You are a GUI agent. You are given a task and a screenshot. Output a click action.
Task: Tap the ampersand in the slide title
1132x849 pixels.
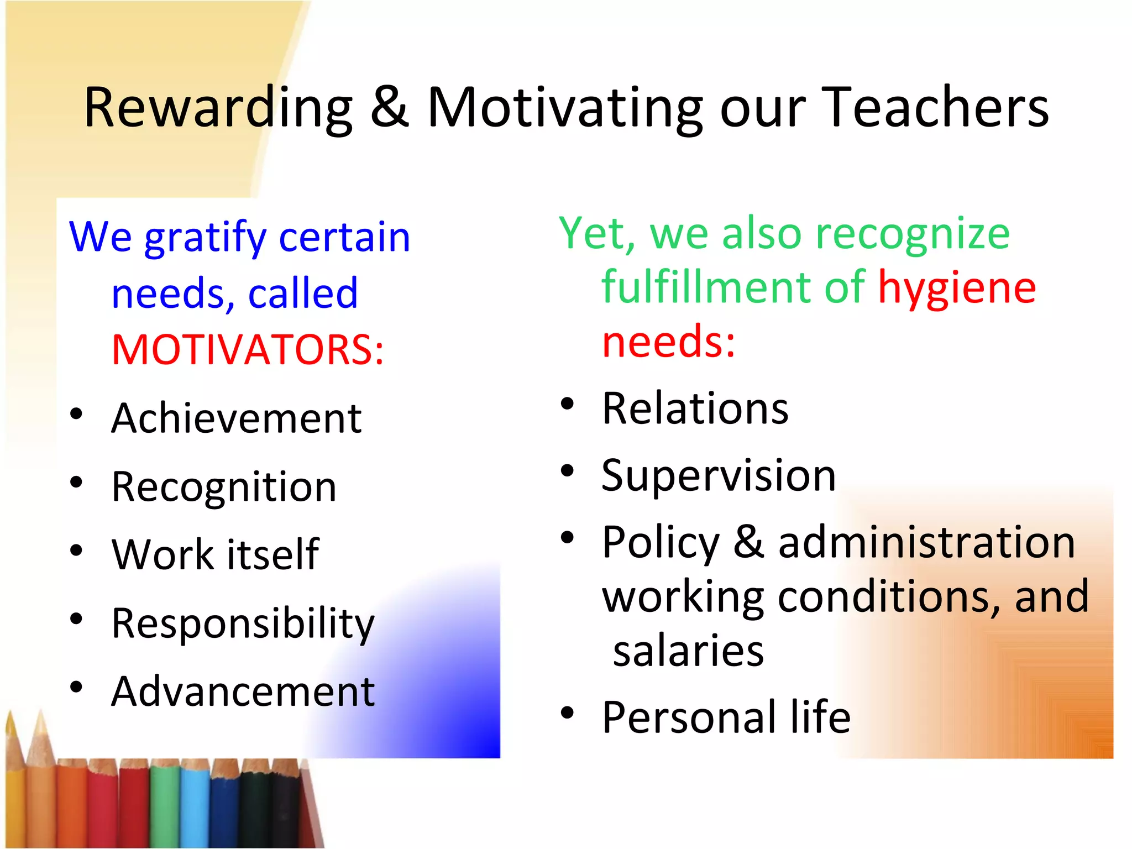(x=389, y=107)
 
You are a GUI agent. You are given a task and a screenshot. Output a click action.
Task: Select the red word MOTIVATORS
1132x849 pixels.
(x=247, y=350)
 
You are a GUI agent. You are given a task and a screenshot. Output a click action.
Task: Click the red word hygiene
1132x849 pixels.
(x=957, y=288)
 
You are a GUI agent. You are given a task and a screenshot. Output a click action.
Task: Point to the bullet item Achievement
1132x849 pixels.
(x=236, y=418)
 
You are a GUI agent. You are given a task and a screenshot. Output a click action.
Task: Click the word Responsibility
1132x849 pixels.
(x=243, y=623)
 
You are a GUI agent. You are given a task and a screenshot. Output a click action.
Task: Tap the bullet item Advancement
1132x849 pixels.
(x=243, y=691)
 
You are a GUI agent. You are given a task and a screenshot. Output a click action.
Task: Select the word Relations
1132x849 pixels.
(x=695, y=408)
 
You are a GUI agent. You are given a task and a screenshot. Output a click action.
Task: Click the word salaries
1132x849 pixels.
(x=688, y=651)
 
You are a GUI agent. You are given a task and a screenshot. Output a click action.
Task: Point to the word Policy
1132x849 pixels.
(x=661, y=543)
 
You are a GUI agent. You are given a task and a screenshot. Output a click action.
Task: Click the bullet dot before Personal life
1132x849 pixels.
(x=567, y=713)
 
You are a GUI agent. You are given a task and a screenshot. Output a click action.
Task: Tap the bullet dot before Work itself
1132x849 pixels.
(x=76, y=551)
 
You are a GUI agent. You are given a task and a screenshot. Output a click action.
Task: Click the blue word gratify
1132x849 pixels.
(x=205, y=238)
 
